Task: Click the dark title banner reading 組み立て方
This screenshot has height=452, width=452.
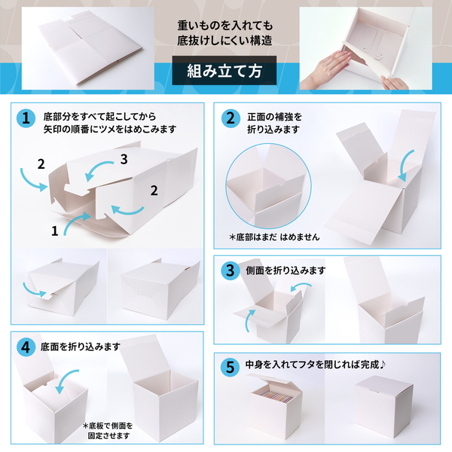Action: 225,72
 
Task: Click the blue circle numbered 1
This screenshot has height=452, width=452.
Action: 26,118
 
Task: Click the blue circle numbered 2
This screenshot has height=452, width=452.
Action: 230,118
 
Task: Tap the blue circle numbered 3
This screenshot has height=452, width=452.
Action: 230,269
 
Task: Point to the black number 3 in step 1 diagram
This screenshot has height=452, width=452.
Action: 125,159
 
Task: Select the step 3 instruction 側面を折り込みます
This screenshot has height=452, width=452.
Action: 286,270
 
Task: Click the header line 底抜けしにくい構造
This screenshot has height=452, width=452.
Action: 225,38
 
